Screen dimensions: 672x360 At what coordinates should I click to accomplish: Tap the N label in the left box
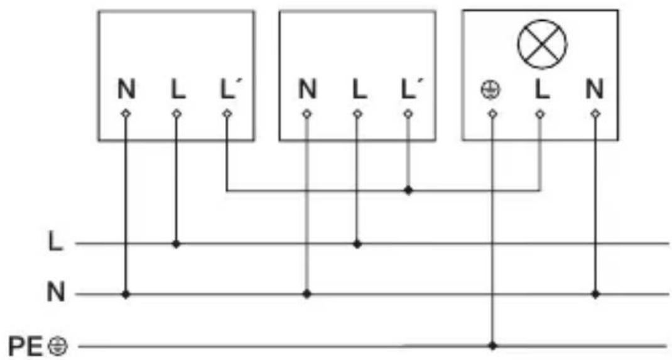coord(126,90)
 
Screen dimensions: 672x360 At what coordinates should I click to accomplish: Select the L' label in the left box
coord(229,90)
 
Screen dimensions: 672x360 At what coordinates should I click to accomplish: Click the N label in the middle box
coord(307,90)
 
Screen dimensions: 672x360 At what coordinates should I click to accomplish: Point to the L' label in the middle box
coord(409,90)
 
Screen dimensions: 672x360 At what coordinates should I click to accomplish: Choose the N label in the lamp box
coord(594,90)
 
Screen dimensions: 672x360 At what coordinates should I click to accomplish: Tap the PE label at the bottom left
coord(26,346)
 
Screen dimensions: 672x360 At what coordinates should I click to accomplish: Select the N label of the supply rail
coord(56,293)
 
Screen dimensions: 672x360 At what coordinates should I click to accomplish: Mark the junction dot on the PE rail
coord(493,346)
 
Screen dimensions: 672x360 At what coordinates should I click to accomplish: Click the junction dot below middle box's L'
coord(408,190)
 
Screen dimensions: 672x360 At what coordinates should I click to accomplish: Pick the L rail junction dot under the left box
coord(176,244)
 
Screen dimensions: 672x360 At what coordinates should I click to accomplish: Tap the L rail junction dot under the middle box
coord(357,244)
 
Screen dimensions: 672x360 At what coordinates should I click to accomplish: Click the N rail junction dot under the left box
coord(126,295)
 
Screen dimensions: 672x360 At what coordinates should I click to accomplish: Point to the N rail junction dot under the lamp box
coord(595,295)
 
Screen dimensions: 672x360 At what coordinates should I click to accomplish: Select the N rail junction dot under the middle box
coord(307,295)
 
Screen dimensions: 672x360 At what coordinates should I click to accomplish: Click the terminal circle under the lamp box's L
coord(540,114)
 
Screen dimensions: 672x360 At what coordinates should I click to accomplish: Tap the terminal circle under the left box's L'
coord(227,114)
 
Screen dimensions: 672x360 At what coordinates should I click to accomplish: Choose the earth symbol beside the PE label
coord(57,346)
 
